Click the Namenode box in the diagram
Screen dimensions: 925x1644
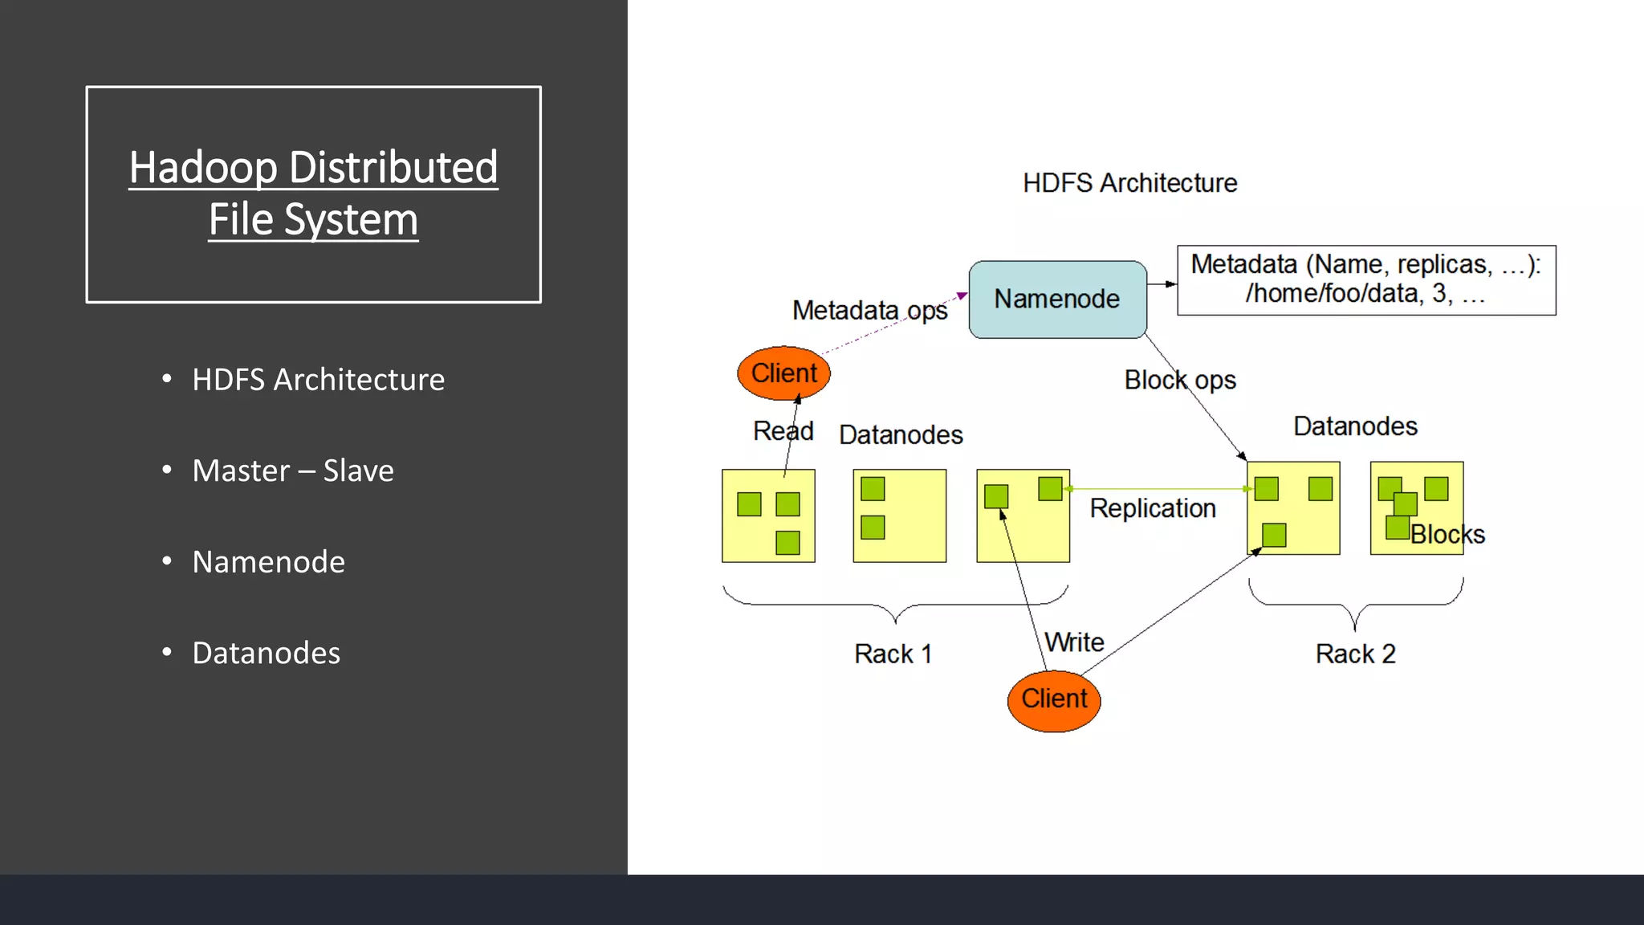1057,299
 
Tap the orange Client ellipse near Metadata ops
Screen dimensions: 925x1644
783,373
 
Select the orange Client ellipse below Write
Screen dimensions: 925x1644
1054,700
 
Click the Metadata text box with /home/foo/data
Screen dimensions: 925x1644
1365,279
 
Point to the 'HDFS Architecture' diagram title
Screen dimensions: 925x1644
1129,183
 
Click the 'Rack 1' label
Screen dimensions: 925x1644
893,654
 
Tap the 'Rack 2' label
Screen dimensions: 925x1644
1355,654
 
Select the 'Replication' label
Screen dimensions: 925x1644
1152,508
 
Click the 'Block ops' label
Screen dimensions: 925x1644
1179,380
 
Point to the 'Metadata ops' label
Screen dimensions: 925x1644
869,310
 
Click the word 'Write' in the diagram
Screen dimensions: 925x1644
1074,642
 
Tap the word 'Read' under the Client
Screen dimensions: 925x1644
783,431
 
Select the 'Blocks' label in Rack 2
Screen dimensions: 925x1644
1447,535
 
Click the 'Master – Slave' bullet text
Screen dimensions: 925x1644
293,471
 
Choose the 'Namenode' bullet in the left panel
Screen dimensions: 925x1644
268,562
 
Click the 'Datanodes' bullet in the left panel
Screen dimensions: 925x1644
266,653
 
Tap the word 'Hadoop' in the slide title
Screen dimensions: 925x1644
203,168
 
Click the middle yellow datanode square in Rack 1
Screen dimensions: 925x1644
899,515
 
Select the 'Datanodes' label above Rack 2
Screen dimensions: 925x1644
1355,426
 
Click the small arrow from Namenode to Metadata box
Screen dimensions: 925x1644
1162,284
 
